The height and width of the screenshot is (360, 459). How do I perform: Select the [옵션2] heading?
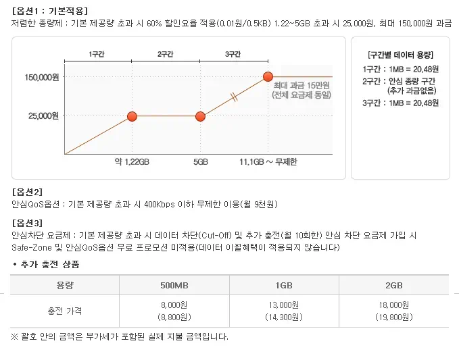point(27,192)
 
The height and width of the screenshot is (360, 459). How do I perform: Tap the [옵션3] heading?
point(27,222)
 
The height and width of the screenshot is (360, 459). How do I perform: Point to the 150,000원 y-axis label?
point(43,77)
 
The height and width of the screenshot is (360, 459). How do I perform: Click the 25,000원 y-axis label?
point(45,116)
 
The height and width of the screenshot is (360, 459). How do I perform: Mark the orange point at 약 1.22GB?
point(132,116)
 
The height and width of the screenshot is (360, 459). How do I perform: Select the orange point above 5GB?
point(200,116)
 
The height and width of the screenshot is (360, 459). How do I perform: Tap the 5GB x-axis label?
point(200,162)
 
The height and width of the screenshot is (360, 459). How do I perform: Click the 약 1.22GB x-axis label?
point(132,162)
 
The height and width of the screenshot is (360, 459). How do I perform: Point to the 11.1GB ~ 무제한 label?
point(268,162)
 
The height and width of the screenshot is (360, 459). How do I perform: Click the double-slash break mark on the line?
point(234,97)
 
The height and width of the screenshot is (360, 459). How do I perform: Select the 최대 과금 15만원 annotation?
point(300,86)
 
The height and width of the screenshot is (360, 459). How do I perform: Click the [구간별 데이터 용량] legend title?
point(401,55)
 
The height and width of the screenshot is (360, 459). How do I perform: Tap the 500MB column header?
point(174,285)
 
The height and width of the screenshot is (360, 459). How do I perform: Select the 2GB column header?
point(394,285)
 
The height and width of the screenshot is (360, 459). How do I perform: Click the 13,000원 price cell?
point(284,305)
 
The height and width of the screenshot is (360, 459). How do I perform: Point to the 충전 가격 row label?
point(65,311)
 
